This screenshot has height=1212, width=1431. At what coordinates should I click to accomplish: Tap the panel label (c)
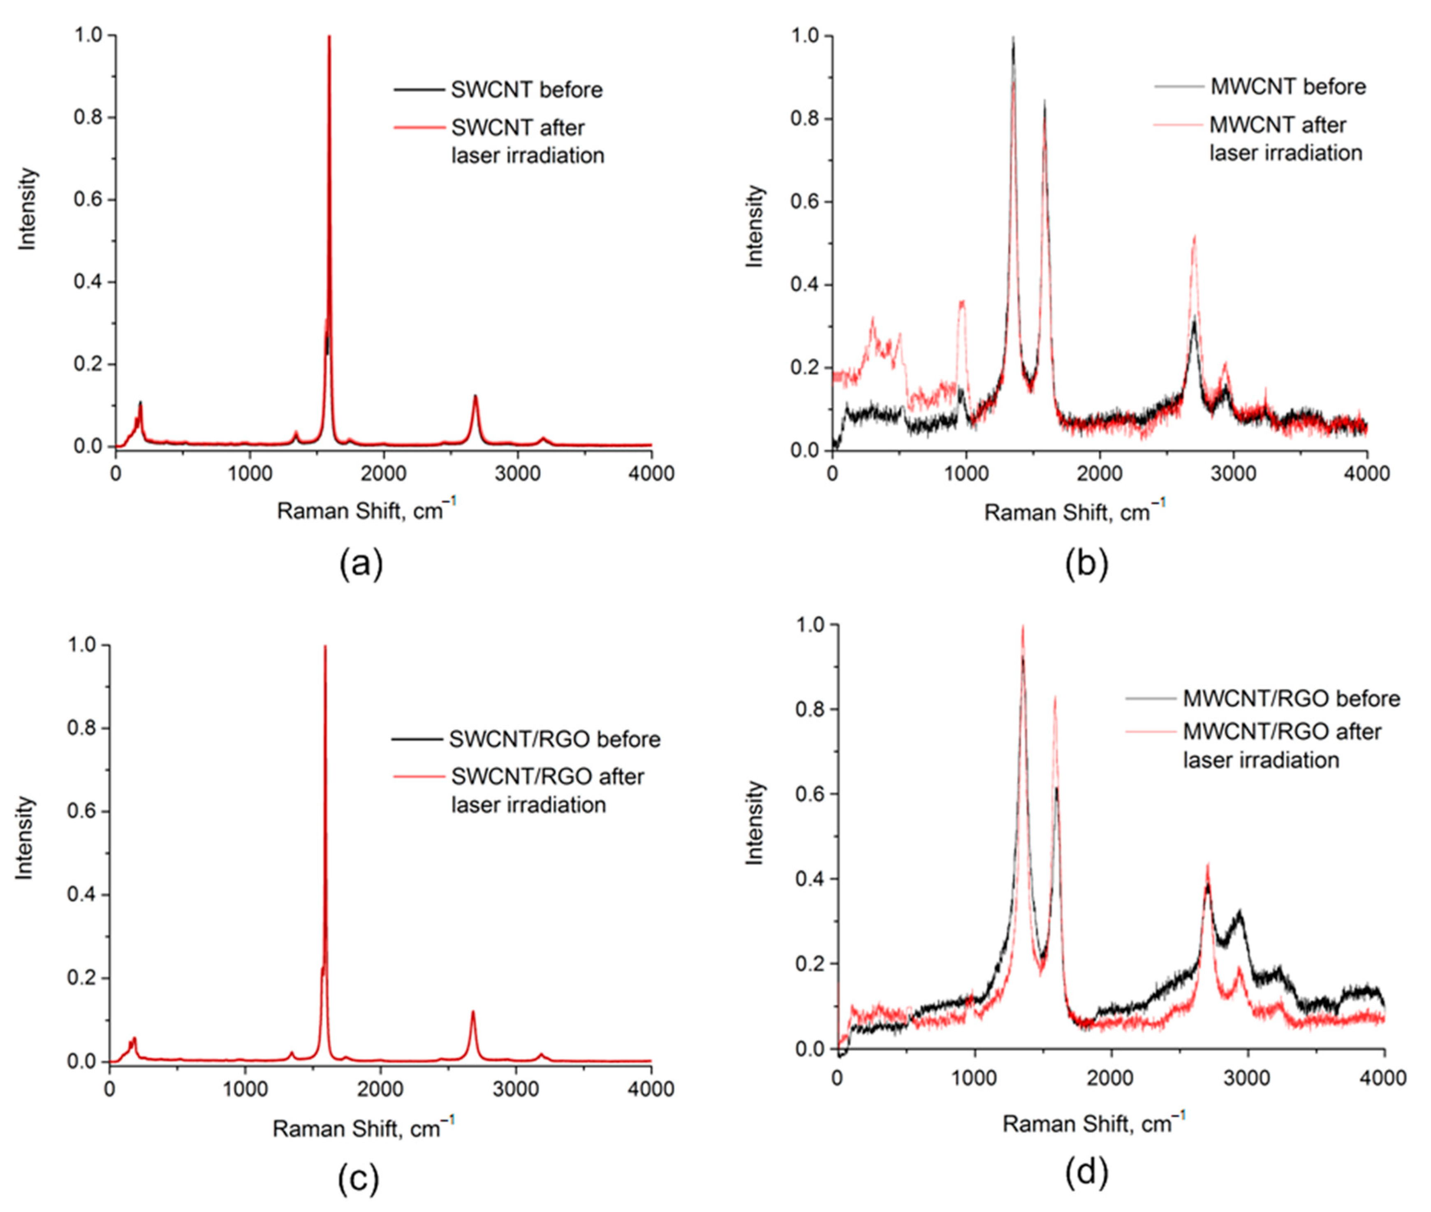point(358,1179)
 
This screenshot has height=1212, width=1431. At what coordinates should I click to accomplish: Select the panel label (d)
point(1086,1173)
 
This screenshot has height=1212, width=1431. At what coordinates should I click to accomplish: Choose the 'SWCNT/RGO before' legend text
point(554,739)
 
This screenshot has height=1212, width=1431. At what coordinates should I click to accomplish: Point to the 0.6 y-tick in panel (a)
point(88,200)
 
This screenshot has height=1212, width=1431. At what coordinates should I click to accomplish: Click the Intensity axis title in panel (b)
point(754,226)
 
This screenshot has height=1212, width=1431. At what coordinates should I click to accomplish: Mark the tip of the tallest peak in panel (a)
point(329,37)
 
